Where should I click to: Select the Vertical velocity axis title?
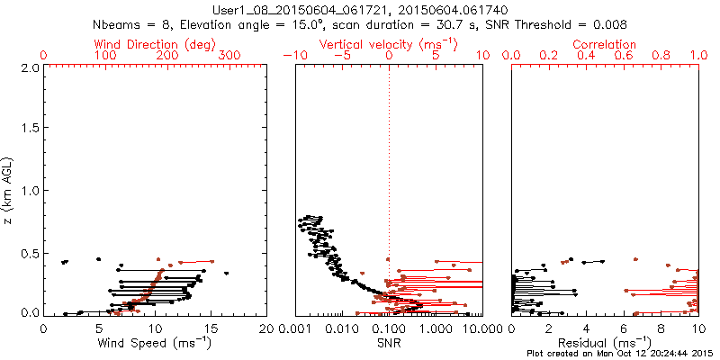388,44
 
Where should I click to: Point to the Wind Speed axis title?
154,343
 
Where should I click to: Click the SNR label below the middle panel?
389,343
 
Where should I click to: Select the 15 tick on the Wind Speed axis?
211,328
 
